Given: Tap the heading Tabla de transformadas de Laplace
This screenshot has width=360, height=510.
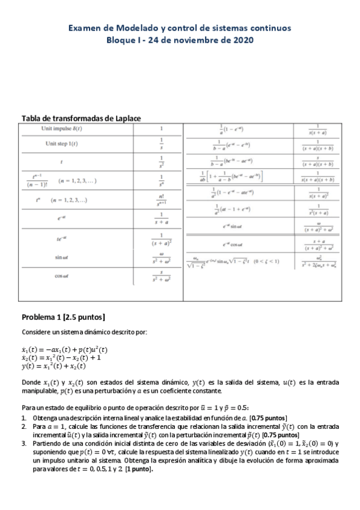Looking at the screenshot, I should point(81,118).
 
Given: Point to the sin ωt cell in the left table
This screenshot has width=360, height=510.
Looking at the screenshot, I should point(61,258).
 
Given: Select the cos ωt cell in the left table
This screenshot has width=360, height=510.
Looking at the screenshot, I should point(61,276).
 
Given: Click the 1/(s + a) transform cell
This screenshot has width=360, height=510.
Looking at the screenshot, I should point(160,218).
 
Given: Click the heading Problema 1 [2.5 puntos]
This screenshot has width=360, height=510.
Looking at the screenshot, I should point(64,317).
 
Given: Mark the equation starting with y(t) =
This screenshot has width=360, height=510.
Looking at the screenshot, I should point(53,366).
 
